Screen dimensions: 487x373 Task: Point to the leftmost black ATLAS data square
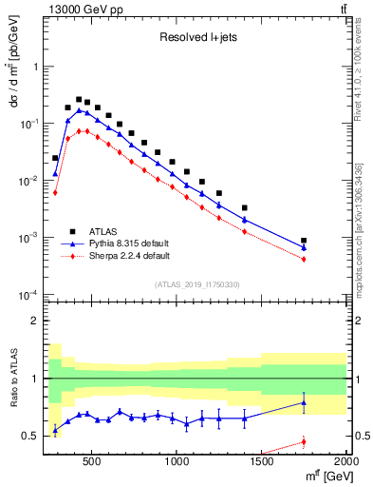(x=55, y=158)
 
